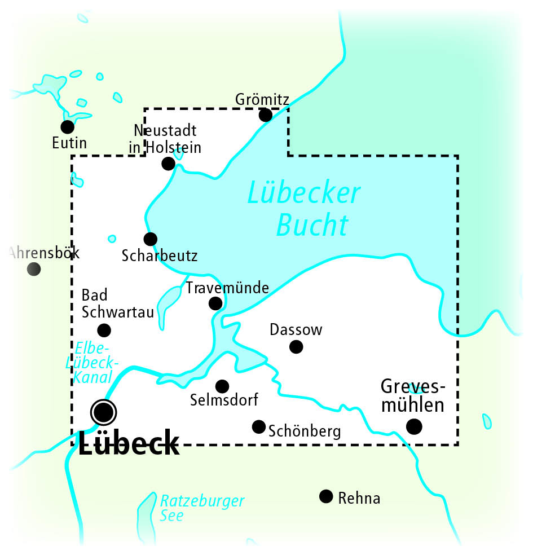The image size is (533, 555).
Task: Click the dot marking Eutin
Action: tap(67, 127)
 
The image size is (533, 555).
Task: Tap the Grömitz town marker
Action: tap(265, 115)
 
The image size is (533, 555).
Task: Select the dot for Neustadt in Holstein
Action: tap(168, 164)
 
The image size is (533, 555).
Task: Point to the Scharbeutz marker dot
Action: tap(150, 239)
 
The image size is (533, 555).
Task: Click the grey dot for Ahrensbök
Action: tap(34, 270)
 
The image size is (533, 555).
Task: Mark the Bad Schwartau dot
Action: tap(104, 330)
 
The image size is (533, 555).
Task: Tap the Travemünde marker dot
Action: tap(215, 303)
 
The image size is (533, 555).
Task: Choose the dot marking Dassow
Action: tap(296, 346)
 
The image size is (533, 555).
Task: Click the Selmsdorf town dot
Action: tap(222, 386)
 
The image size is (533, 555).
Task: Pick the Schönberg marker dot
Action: tap(258, 426)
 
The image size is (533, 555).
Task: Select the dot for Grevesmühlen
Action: tap(414, 426)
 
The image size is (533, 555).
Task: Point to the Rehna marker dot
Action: tap(326, 496)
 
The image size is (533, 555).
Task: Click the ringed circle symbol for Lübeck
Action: tap(103, 412)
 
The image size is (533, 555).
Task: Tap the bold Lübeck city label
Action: tap(129, 443)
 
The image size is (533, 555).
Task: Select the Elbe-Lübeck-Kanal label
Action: tap(94, 363)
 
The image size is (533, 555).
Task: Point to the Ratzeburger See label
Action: tap(202, 508)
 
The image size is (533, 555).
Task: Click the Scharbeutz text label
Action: tap(160, 256)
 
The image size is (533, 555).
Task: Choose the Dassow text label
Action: tap(296, 329)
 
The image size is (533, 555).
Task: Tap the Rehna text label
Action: tap(359, 498)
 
